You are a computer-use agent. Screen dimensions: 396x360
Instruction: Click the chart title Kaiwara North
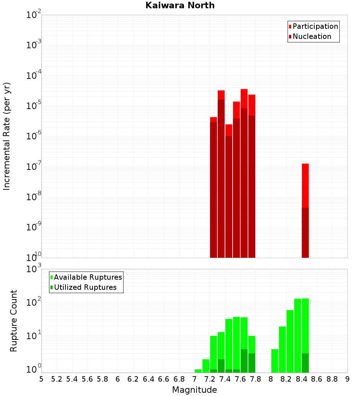(x=180, y=5)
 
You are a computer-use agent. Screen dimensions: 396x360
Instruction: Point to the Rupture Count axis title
(x=14, y=321)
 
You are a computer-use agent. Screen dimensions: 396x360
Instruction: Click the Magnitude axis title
(x=194, y=390)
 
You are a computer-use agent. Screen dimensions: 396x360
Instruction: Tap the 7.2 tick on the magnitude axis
(x=210, y=379)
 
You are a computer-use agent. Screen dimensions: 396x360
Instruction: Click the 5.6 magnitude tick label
(x=87, y=379)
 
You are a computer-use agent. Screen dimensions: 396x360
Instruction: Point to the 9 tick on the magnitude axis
(x=347, y=379)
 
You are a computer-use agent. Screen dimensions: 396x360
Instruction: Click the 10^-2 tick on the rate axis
(x=34, y=15)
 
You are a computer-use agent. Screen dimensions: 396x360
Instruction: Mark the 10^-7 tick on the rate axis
(x=34, y=167)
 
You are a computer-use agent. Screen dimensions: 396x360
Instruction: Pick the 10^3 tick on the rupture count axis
(x=34, y=269)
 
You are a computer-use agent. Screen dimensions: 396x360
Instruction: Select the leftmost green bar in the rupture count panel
(x=198, y=371)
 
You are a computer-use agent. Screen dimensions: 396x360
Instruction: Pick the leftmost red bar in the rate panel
(x=213, y=187)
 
